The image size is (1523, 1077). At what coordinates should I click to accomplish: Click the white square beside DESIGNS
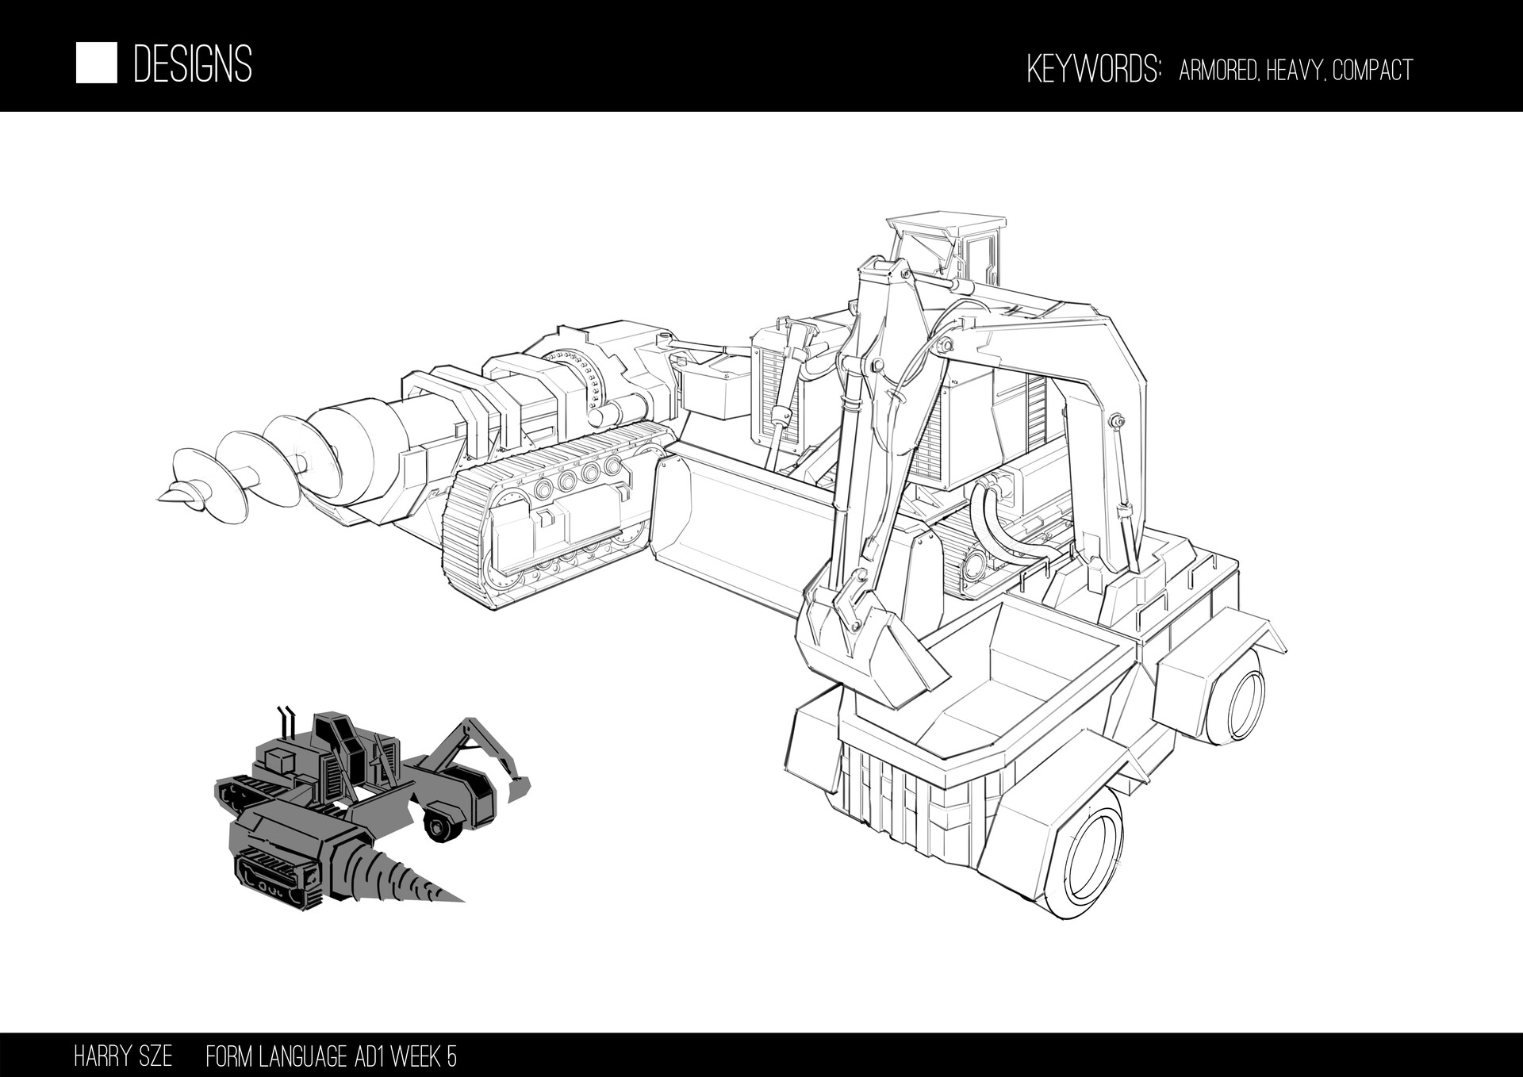tap(96, 63)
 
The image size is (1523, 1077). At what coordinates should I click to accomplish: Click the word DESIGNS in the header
tap(193, 64)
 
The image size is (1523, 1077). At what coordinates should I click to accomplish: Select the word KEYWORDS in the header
tap(1093, 70)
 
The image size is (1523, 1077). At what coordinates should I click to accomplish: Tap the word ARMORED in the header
tap(1217, 71)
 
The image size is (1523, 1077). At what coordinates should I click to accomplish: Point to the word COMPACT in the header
tap(1372, 71)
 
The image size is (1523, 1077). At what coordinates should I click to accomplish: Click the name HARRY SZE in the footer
tap(122, 1057)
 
